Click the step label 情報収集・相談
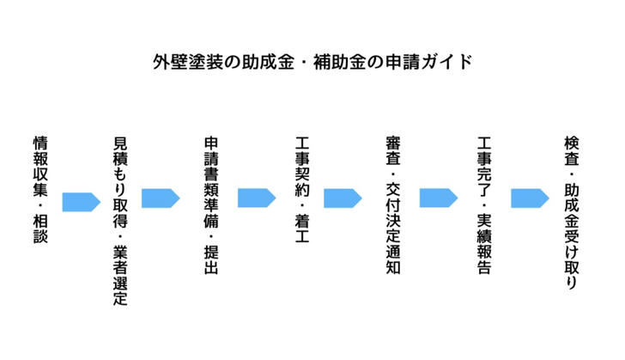pos(39,188)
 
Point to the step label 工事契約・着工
pos(300,189)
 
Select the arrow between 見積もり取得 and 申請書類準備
pos(161,198)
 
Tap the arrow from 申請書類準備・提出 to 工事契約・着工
pos(256,198)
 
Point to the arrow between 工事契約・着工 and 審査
pos(343,198)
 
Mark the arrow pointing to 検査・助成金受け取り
pos(530,198)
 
